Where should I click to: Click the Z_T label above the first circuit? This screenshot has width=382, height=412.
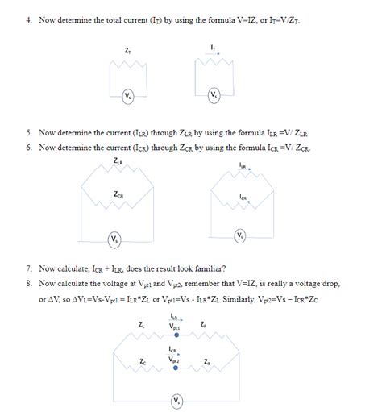coord(128,52)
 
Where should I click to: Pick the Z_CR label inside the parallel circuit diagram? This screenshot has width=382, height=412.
coord(118,194)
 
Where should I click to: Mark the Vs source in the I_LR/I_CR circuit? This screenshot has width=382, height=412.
coord(240,235)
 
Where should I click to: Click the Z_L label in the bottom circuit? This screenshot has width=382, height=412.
coord(142,325)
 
